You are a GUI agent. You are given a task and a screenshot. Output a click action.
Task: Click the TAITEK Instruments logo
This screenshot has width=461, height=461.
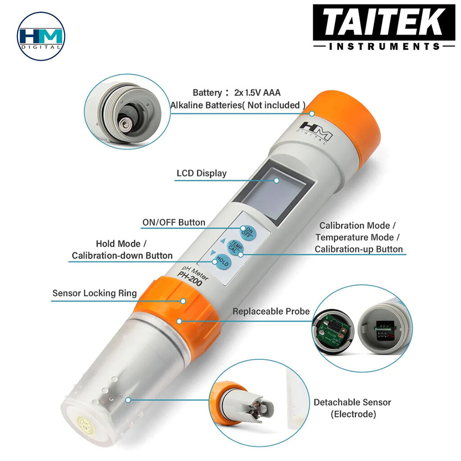click(x=384, y=27)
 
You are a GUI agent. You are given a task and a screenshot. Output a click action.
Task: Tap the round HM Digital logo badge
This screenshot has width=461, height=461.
click(x=41, y=36)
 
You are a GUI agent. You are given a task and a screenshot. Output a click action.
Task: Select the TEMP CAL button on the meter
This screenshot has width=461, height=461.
click(x=235, y=246)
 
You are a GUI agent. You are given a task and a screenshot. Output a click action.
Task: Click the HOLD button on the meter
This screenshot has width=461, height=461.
click(x=222, y=261)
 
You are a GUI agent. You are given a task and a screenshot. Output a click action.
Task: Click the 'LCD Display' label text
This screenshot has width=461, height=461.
click(x=201, y=173)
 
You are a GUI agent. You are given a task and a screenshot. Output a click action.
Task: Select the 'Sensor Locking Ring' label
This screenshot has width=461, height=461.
click(x=95, y=293)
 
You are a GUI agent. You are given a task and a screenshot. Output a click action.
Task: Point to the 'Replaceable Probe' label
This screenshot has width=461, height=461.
click(x=271, y=312)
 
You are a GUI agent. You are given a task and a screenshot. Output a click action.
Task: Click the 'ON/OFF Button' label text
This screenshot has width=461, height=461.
click(x=174, y=222)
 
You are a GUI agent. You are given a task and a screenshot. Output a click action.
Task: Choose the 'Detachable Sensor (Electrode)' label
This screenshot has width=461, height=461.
click(x=353, y=408)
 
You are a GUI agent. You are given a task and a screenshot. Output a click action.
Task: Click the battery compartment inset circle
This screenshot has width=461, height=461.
click(x=127, y=112)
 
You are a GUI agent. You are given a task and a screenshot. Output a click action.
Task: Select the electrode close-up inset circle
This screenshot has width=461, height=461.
click(x=259, y=403)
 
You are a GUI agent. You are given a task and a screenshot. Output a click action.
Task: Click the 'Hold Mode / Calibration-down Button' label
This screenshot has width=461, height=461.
click(x=122, y=249)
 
